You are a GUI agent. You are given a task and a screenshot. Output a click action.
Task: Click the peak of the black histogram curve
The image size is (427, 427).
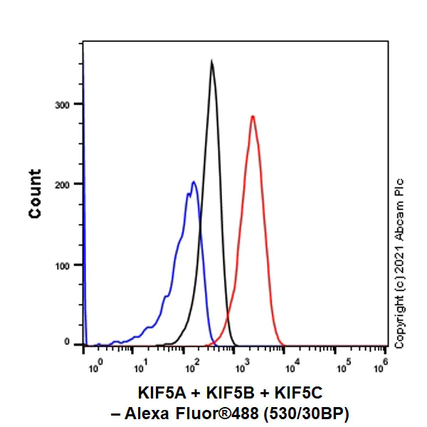[211, 62]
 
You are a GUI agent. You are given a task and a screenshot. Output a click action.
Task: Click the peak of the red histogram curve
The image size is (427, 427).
[252, 116]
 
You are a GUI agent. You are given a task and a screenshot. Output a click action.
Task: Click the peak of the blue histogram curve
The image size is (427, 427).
[193, 182]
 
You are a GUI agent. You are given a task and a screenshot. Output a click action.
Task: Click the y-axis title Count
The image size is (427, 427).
[35, 194]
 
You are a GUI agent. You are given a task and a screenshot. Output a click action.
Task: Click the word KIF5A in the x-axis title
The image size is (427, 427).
[160, 393]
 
